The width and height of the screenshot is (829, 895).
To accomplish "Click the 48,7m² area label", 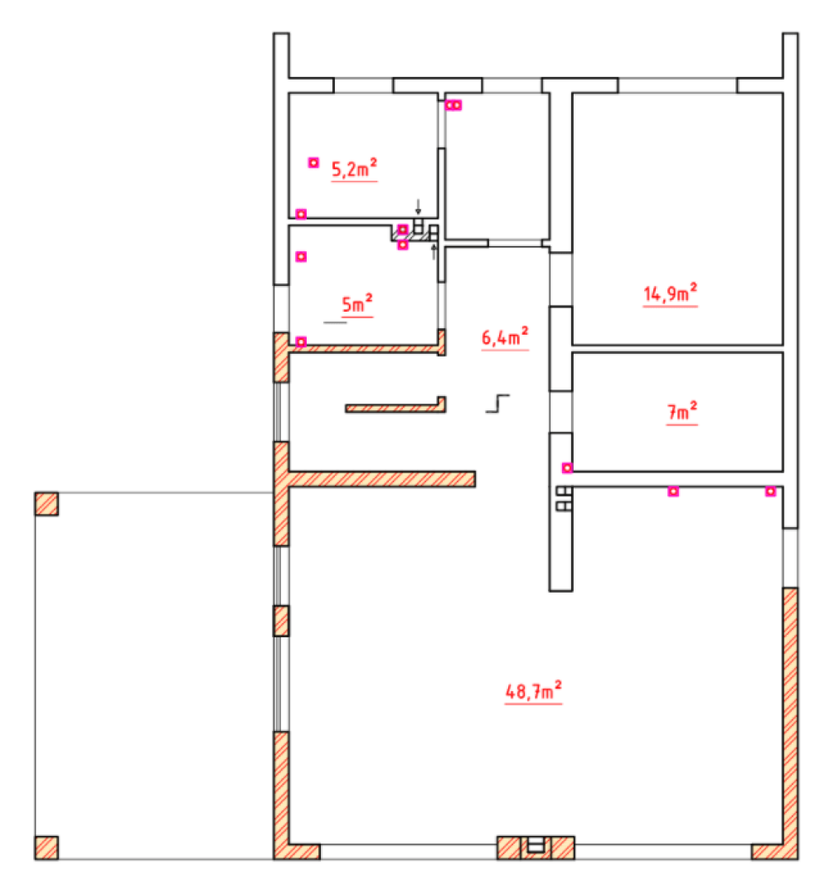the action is [533, 690].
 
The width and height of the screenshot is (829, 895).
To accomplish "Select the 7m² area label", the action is [682, 411].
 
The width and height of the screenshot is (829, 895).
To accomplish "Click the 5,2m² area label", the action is [355, 169].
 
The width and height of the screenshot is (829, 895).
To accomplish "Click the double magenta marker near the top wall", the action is [453, 105].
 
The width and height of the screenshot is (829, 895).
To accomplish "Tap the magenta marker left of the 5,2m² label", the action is [313, 162].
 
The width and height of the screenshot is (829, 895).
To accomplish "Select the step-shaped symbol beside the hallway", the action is [498, 403].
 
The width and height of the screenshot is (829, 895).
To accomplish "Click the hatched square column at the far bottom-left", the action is [46, 848].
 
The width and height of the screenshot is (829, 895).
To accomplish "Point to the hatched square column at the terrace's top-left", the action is [46, 504].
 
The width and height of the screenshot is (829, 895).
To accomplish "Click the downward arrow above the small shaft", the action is [418, 206].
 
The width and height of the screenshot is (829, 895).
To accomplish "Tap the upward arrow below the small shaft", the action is [434, 252].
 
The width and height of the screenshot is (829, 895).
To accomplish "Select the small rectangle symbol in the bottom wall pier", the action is [536, 844].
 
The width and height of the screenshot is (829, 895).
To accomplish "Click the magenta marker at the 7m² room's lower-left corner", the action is [567, 468].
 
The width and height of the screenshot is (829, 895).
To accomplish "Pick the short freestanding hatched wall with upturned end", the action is [395, 407].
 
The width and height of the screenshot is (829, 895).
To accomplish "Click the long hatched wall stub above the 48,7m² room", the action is [382, 479].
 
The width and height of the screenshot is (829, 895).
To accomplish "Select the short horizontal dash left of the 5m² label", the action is [335, 322].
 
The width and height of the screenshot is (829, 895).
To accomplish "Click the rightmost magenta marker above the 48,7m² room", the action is [771, 491].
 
